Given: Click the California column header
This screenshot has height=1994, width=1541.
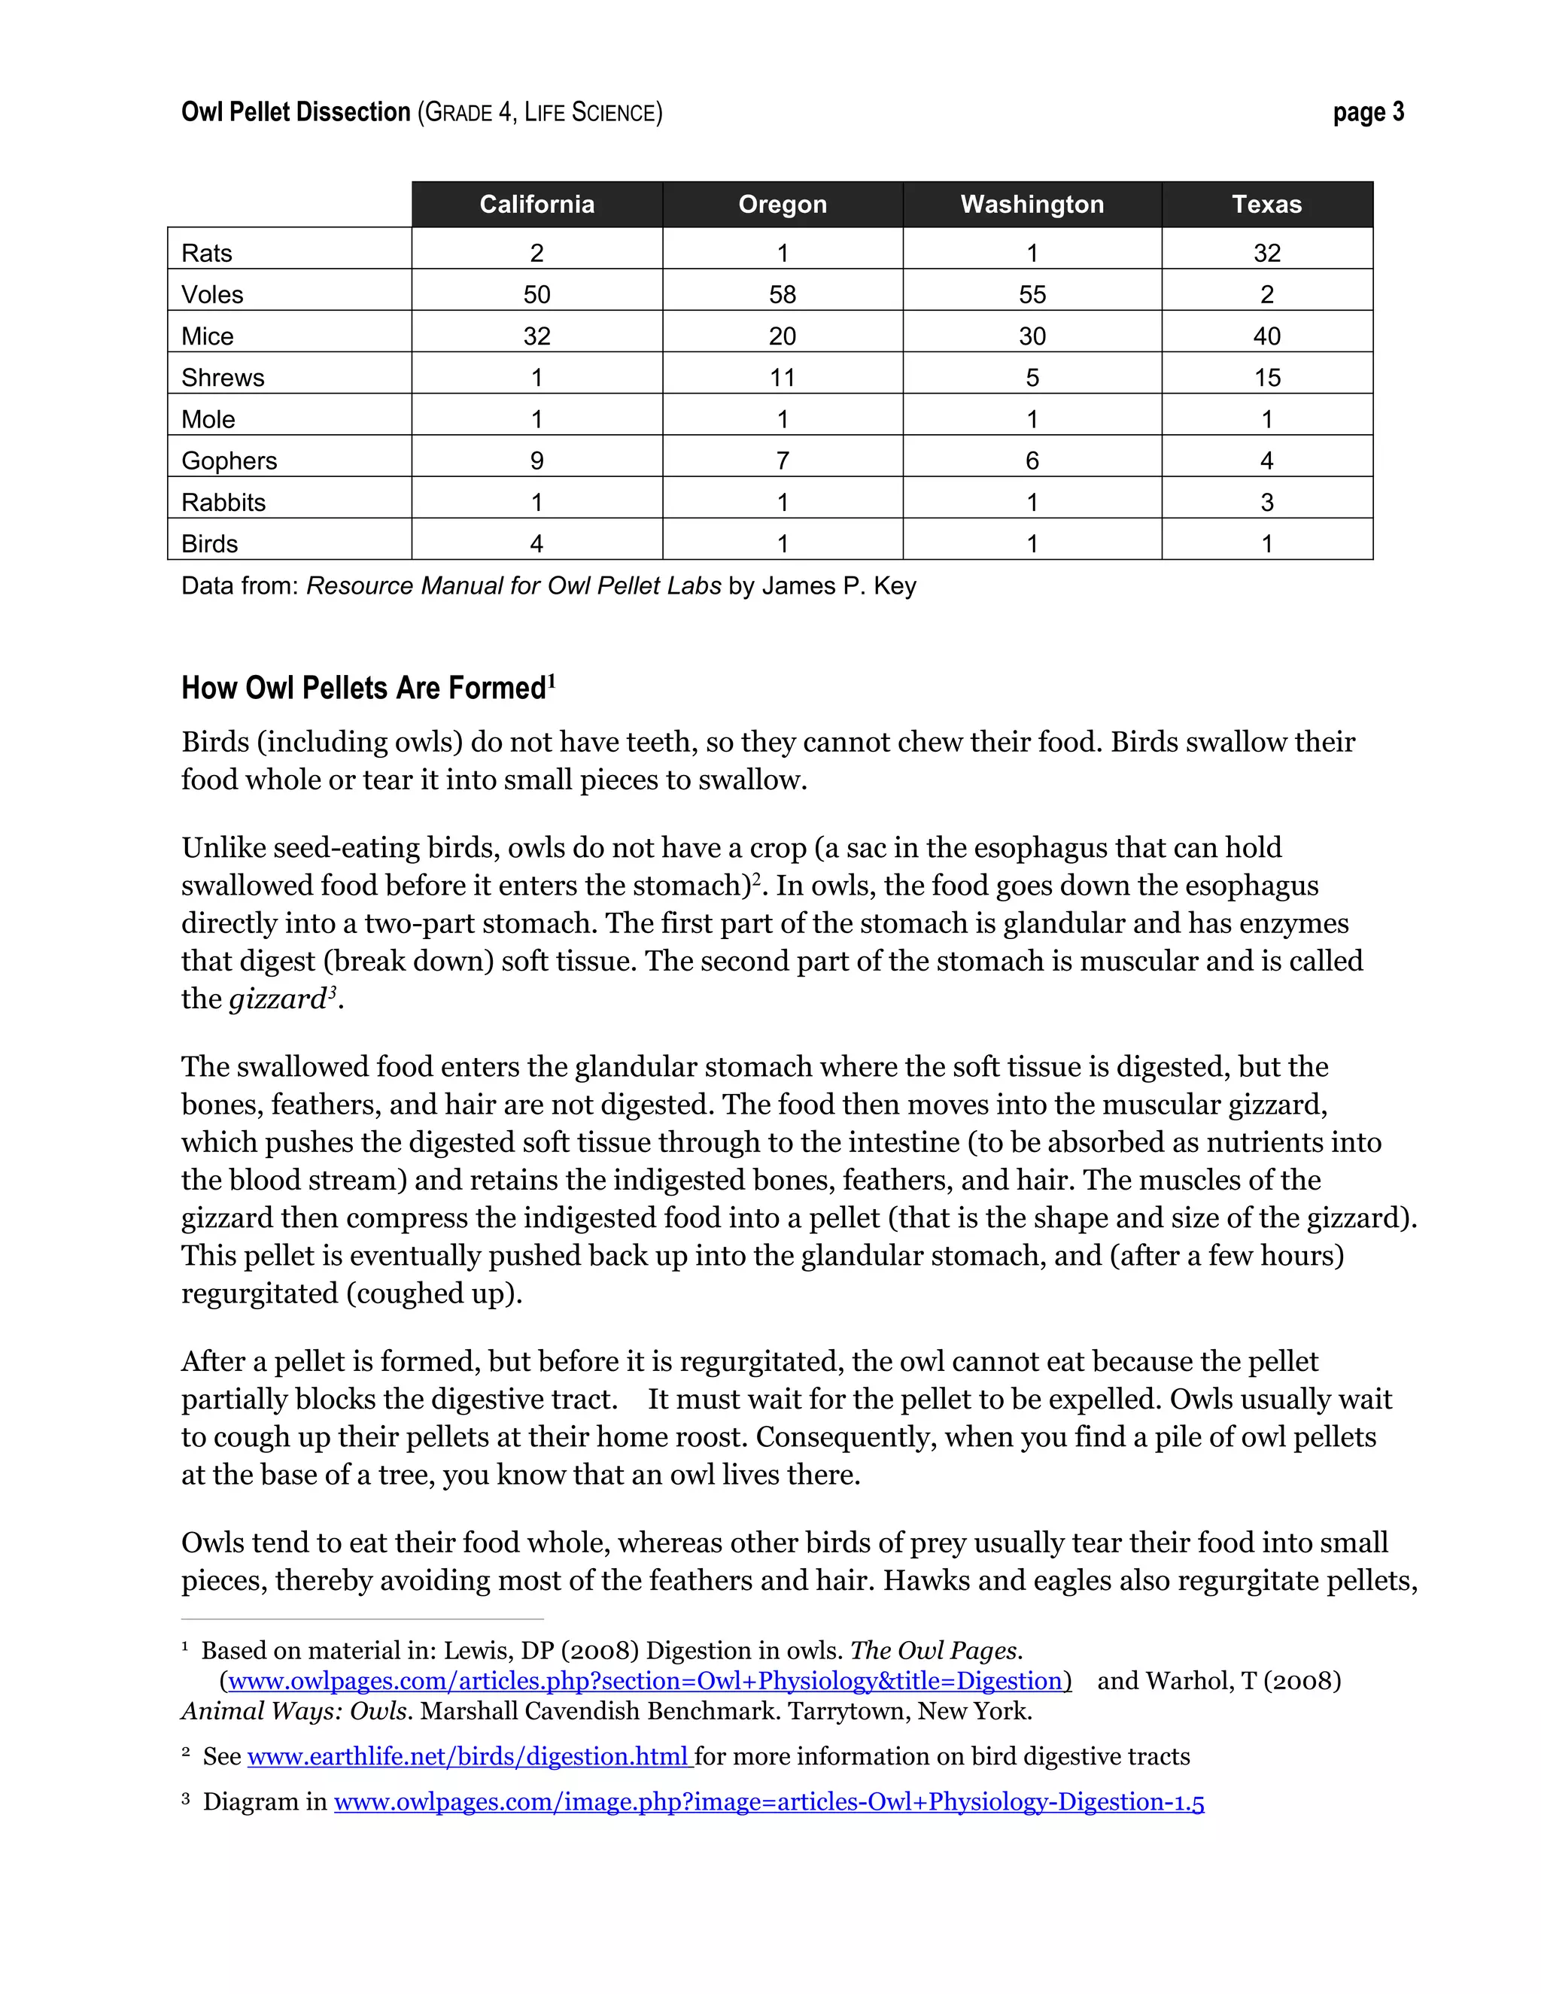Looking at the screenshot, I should (x=536, y=205).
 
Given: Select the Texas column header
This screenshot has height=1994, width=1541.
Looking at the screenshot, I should (x=1266, y=205).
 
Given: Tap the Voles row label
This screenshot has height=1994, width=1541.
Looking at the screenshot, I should (x=213, y=295).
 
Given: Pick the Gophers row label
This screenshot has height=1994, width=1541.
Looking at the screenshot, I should (x=229, y=461).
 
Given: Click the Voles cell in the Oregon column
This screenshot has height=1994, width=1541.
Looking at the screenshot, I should (x=783, y=295).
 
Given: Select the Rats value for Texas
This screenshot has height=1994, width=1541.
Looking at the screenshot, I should (x=1266, y=253).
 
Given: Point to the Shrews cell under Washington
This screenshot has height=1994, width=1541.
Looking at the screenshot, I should (x=1032, y=378).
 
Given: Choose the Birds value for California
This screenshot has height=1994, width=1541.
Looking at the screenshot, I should (x=536, y=544).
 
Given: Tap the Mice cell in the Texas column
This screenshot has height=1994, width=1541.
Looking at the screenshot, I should (x=1266, y=336).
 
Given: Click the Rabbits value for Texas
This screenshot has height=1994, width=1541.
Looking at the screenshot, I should (x=1266, y=502).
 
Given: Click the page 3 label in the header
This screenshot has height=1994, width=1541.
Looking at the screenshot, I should (x=1367, y=112).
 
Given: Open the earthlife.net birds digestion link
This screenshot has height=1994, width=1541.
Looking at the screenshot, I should (x=467, y=1757).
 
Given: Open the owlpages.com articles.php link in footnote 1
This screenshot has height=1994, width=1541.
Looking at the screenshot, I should (x=645, y=1681).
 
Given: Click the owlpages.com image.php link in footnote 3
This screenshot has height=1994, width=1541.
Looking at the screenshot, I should (x=769, y=1801).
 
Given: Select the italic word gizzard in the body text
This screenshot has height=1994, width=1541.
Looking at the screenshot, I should (x=278, y=999).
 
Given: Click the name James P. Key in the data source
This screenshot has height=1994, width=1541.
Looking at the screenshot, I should (x=839, y=586).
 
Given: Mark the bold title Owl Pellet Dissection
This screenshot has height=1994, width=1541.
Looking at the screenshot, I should (x=296, y=112).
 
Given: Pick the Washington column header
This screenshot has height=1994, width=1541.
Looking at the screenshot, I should (x=1032, y=205).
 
